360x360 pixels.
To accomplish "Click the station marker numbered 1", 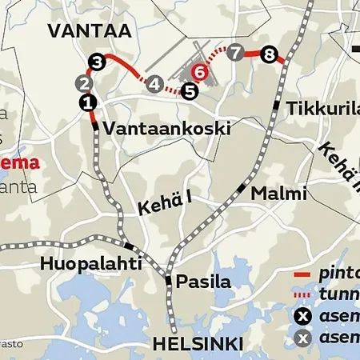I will [87, 102].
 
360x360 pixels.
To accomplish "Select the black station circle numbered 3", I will [97, 62].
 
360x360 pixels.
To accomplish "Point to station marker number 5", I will [190, 90].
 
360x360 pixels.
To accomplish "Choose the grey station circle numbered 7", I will [234, 54].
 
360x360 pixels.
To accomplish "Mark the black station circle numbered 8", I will [269, 55].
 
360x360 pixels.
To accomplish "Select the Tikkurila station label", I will [320, 108].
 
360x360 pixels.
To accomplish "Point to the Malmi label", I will [278, 194].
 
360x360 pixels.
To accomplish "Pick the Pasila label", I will [203, 282].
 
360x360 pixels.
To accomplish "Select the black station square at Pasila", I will [168, 280].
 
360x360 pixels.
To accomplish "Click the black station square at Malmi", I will [241, 187].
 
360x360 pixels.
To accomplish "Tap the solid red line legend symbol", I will [302, 274].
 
